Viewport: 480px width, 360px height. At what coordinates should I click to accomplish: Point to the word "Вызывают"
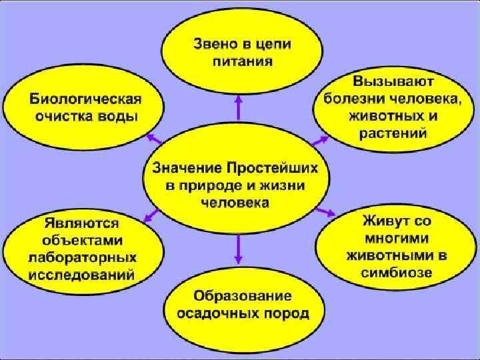393,83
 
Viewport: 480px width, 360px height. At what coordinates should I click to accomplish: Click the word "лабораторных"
82,257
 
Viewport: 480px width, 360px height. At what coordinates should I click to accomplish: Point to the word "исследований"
82,273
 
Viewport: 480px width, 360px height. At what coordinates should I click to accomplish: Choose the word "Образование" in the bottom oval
243,295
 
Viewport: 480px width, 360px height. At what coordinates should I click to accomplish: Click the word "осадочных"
221,313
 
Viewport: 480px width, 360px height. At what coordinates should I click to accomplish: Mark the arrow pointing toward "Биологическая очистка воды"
155,139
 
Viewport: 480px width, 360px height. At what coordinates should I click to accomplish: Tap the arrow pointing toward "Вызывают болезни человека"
321,139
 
